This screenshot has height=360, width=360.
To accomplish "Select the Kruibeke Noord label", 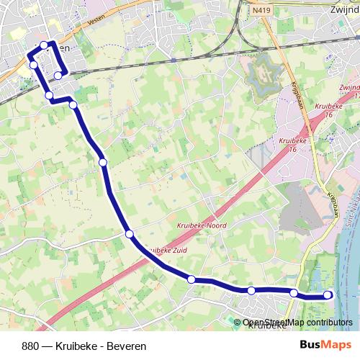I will tap(202, 225).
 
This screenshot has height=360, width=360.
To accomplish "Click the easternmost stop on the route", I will tap(328, 294).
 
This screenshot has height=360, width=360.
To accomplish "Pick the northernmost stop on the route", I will tap(44, 45).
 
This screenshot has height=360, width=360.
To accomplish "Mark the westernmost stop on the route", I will tap(33, 66).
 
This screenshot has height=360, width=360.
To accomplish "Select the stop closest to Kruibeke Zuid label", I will tap(130, 234).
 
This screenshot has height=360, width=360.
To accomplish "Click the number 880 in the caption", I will tap(31, 346).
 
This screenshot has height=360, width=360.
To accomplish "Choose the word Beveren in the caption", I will tap(126, 346).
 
